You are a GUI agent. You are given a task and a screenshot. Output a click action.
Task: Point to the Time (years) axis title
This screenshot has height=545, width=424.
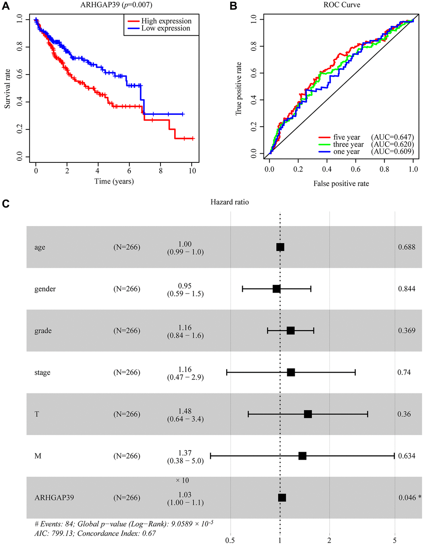[x=114, y=181]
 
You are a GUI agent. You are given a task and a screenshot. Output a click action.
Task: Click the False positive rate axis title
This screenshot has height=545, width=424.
[x=341, y=184]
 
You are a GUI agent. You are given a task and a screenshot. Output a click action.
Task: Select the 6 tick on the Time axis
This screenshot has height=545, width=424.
[x=129, y=171]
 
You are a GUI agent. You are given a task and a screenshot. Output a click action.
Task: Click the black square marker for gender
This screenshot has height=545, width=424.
[x=276, y=289]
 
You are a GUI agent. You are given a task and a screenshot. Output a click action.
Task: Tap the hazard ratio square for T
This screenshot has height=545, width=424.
[x=308, y=414]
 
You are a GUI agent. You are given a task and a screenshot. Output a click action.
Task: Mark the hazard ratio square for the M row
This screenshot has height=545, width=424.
[x=302, y=456]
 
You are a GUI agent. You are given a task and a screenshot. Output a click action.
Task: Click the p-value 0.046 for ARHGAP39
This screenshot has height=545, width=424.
[x=407, y=498]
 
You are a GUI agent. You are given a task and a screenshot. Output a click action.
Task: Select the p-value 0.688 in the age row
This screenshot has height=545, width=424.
[x=407, y=247]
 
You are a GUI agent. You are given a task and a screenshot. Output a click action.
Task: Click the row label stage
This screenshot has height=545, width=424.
[x=42, y=373]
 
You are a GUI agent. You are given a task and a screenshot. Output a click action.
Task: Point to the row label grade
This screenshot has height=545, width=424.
[x=43, y=331]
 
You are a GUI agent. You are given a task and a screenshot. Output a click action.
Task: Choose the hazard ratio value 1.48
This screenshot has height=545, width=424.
[x=185, y=411]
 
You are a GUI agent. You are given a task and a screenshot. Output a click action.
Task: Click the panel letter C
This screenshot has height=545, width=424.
[x=5, y=204]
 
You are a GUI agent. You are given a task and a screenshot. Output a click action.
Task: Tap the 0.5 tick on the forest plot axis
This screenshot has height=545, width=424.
[x=230, y=540]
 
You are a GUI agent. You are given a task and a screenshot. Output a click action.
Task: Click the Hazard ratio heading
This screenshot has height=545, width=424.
[x=229, y=202]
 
